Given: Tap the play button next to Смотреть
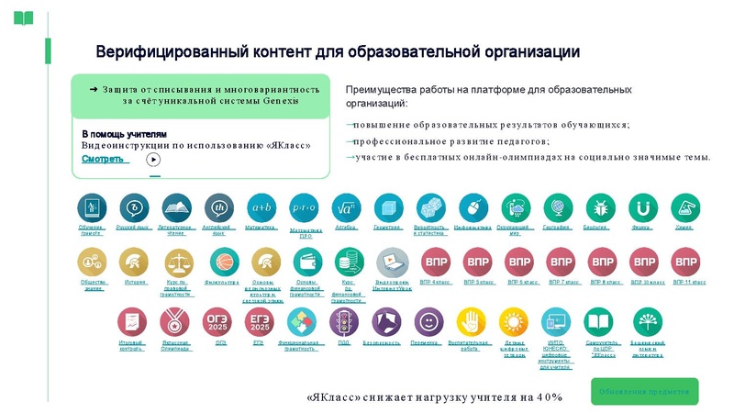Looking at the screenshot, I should (x=154, y=159).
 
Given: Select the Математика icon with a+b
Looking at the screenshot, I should (x=262, y=207).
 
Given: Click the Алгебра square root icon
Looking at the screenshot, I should (x=347, y=207).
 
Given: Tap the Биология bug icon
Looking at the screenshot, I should (x=600, y=207).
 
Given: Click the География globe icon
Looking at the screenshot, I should (x=558, y=207).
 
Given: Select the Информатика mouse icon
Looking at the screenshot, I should (x=473, y=207).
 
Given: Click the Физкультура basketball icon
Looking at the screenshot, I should (x=221, y=262).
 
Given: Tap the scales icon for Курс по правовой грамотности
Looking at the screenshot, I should (x=178, y=262).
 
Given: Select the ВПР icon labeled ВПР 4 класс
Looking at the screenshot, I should (x=435, y=262).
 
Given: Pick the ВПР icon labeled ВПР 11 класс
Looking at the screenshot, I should (x=685, y=262).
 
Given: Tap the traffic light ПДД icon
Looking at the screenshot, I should (x=343, y=322).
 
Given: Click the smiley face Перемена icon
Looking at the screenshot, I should (x=427, y=322).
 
